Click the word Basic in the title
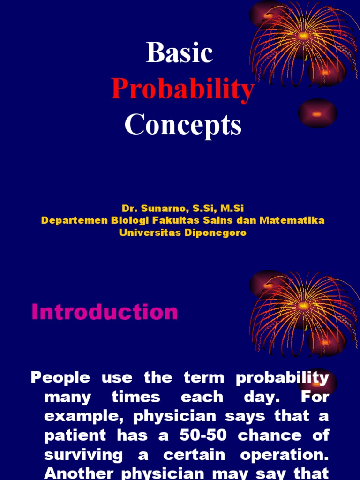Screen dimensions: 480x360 click(x=180, y=52)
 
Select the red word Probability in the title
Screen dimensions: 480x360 click(x=182, y=89)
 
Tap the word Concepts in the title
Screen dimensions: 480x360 click(x=183, y=125)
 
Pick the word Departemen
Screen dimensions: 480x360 click(x=68, y=220)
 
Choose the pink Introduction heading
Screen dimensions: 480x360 click(x=105, y=312)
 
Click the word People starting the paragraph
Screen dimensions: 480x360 click(x=60, y=378)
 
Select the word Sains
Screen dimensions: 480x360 click(x=219, y=220)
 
